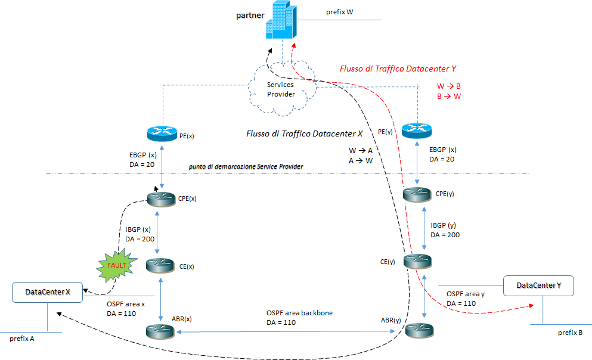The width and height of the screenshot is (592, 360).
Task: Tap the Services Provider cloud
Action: (x=280, y=89)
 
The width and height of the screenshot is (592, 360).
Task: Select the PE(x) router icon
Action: (x=162, y=134)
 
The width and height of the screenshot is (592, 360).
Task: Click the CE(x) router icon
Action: (x=162, y=264)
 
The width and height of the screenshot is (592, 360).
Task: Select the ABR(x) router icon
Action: (x=162, y=330)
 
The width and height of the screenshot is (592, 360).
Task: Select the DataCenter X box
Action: (x=48, y=292)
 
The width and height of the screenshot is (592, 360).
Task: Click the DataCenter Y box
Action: (x=538, y=286)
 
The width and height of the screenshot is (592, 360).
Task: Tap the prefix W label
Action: (x=340, y=12)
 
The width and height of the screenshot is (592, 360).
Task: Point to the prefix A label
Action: (x=22, y=339)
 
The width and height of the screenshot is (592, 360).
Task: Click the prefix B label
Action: (x=571, y=333)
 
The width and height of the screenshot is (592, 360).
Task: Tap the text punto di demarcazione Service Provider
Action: (x=246, y=166)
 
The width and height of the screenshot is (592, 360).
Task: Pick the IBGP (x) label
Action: (x=139, y=230)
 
